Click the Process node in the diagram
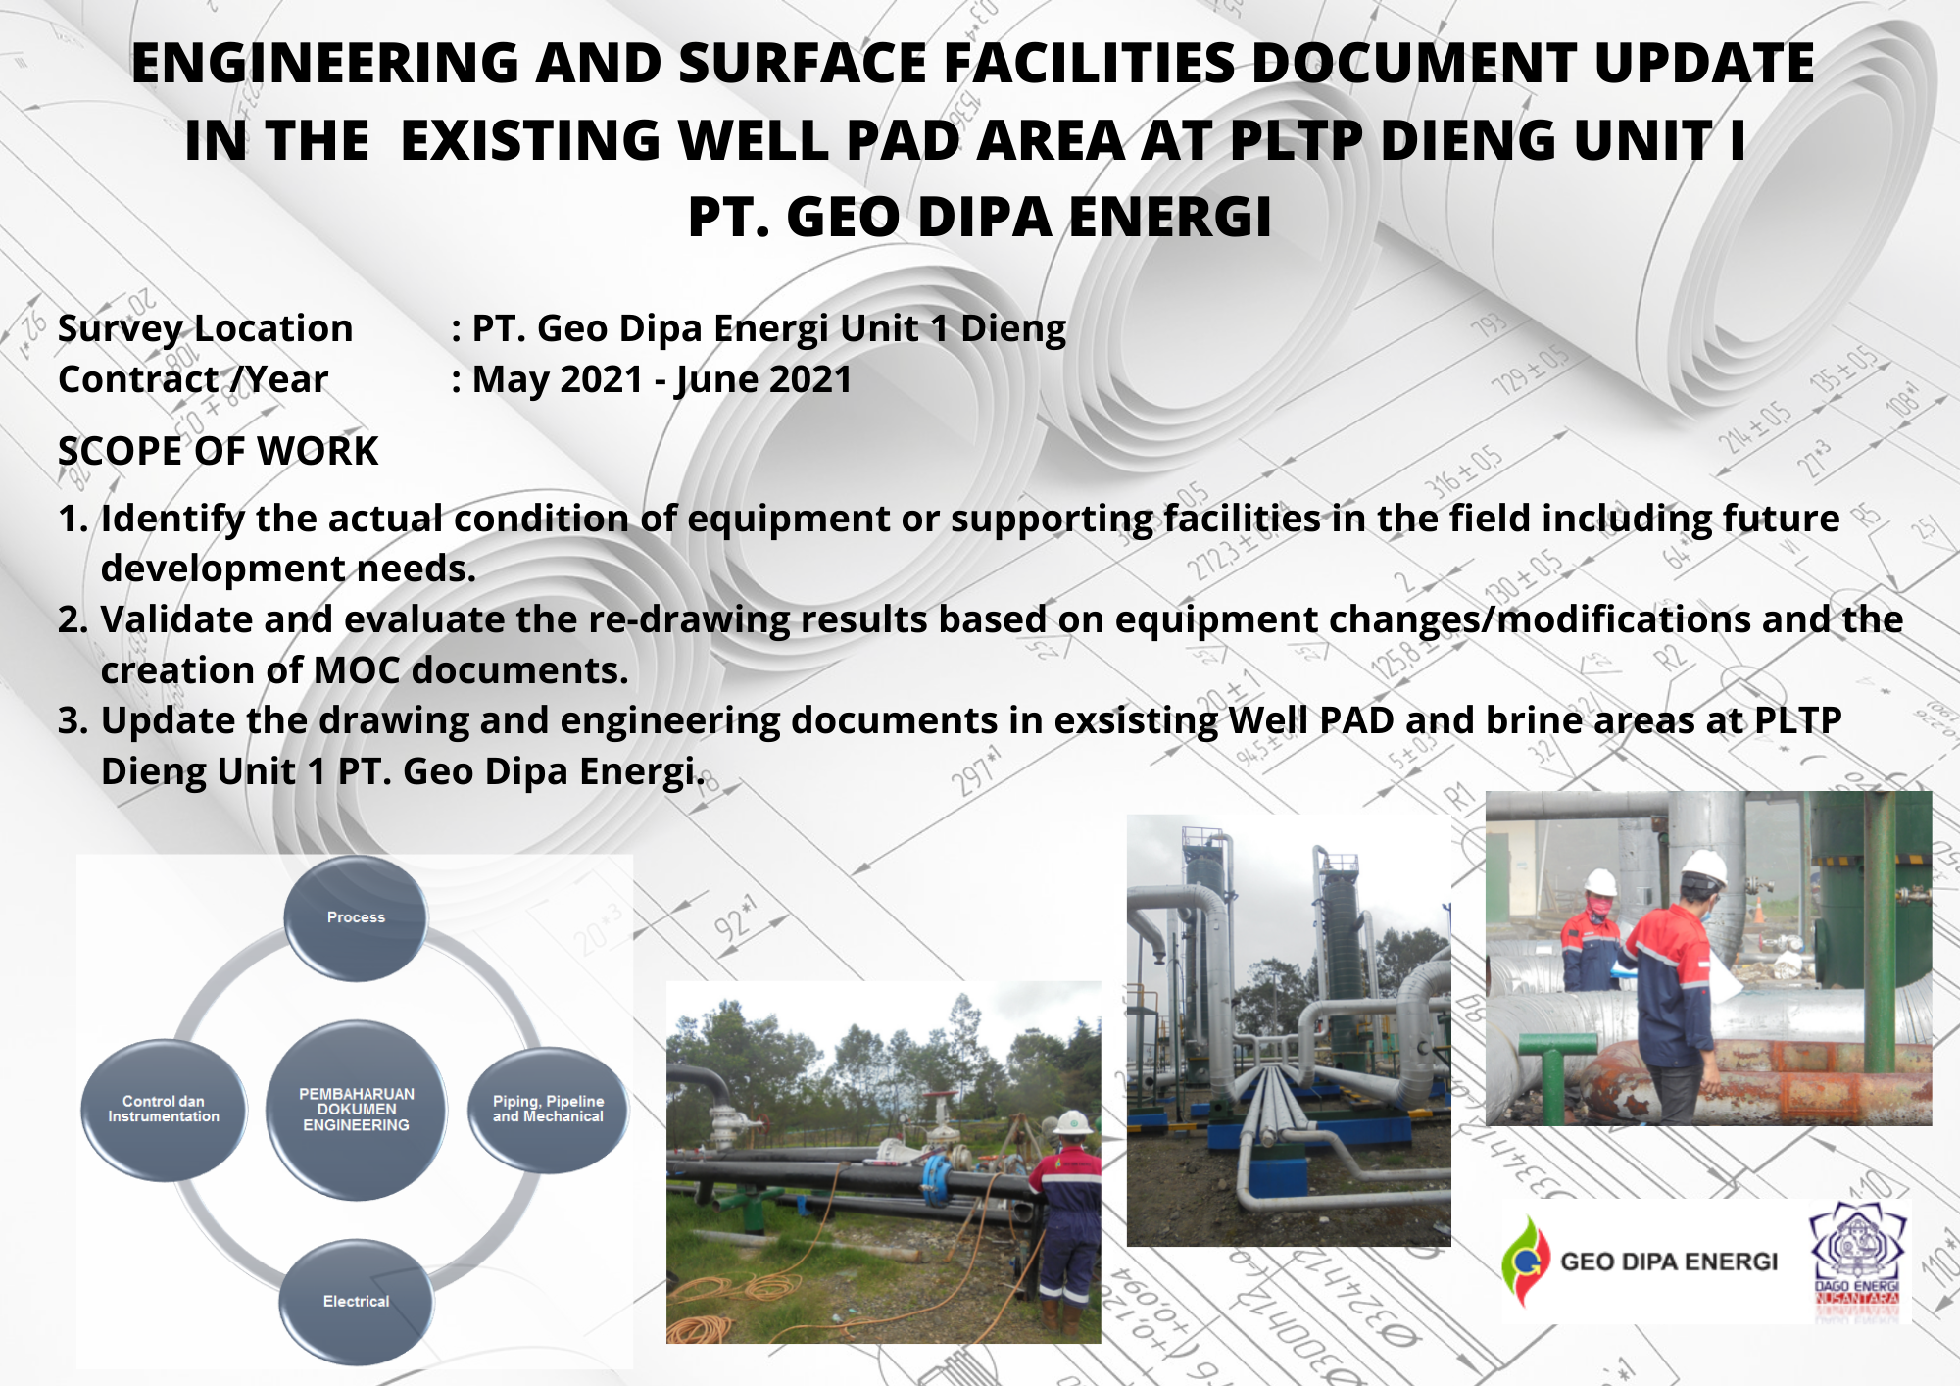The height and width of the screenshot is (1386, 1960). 356,917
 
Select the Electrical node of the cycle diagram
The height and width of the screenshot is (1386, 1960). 356,1302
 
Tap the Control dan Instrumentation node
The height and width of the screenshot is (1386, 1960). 164,1110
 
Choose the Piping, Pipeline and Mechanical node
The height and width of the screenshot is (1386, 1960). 548,1110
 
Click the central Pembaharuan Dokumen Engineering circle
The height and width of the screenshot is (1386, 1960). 356,1110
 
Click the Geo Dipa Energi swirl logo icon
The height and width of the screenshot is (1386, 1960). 1525,1261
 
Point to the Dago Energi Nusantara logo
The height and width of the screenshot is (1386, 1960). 1857,1264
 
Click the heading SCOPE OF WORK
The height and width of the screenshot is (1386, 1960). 218,451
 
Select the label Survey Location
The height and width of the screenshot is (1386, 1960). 205,328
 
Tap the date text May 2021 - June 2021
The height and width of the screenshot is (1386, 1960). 661,379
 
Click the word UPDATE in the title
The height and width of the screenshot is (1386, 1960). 1704,63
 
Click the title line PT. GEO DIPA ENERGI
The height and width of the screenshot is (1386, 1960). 979,217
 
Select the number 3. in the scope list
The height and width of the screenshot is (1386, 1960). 73,720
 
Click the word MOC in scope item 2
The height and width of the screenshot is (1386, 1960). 357,670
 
